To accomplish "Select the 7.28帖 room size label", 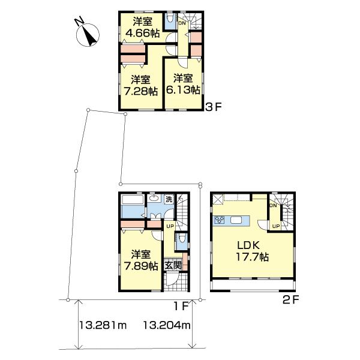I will click(140, 91).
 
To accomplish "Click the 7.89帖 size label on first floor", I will click(141, 266).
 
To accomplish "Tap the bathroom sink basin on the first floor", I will click(154, 200).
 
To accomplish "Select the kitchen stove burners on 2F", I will click(220, 220).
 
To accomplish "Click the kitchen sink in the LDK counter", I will click(238, 220).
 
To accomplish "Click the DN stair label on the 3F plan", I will click(182, 23).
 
